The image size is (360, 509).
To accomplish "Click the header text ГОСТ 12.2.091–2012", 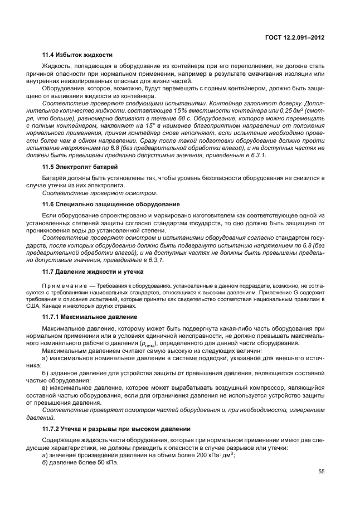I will [295, 38].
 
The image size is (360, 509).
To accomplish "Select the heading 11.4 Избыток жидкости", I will [77, 55].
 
